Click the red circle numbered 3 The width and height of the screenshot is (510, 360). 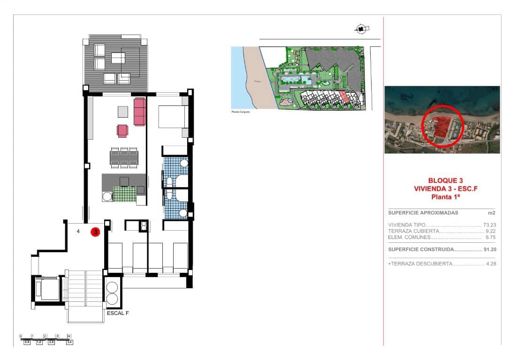pyautogui.click(x=95, y=232)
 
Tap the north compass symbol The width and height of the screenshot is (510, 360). pyautogui.click(x=360, y=29)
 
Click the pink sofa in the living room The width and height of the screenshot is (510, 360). pyautogui.click(x=139, y=112)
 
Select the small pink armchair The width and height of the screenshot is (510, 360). pyautogui.click(x=122, y=131)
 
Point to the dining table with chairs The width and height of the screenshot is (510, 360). pyautogui.click(x=124, y=157)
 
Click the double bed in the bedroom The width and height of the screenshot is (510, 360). pyautogui.click(x=173, y=117)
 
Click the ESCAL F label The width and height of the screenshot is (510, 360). pyautogui.click(x=118, y=313)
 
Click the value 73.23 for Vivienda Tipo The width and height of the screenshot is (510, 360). pyautogui.click(x=489, y=225)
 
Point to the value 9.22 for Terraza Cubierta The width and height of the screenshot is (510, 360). pyautogui.click(x=491, y=231)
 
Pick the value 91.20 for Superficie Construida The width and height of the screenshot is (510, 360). pyautogui.click(x=489, y=249)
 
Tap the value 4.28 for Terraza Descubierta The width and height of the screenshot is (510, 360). pyautogui.click(x=491, y=264)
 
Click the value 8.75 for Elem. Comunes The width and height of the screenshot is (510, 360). pyautogui.click(x=491, y=237)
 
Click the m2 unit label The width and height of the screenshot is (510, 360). pyautogui.click(x=492, y=213)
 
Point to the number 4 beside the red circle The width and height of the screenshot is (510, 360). pyautogui.click(x=78, y=231)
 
